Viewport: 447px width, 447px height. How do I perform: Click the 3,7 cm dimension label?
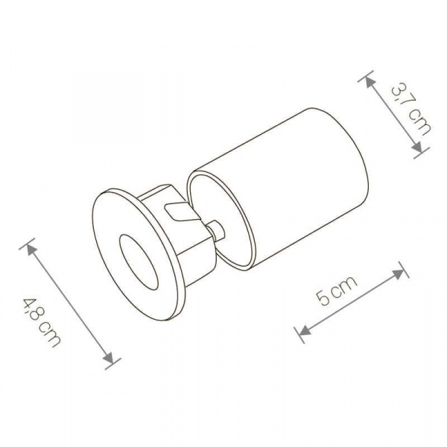pos(411,110)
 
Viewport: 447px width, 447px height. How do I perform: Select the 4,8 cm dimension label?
pos(42,323)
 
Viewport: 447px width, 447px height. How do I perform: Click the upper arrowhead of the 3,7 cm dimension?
pos(370,83)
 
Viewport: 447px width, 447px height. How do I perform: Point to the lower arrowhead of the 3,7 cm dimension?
pos(416,147)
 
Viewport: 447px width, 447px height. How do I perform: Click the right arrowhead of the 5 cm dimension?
pos(399,273)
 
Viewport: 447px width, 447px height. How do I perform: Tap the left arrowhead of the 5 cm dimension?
pos(305,330)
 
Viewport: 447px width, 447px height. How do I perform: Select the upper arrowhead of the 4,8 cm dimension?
pos(31,250)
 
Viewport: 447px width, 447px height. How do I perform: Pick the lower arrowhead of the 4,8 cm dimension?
pos(110,358)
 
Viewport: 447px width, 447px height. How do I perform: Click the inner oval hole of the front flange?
pos(139,263)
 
